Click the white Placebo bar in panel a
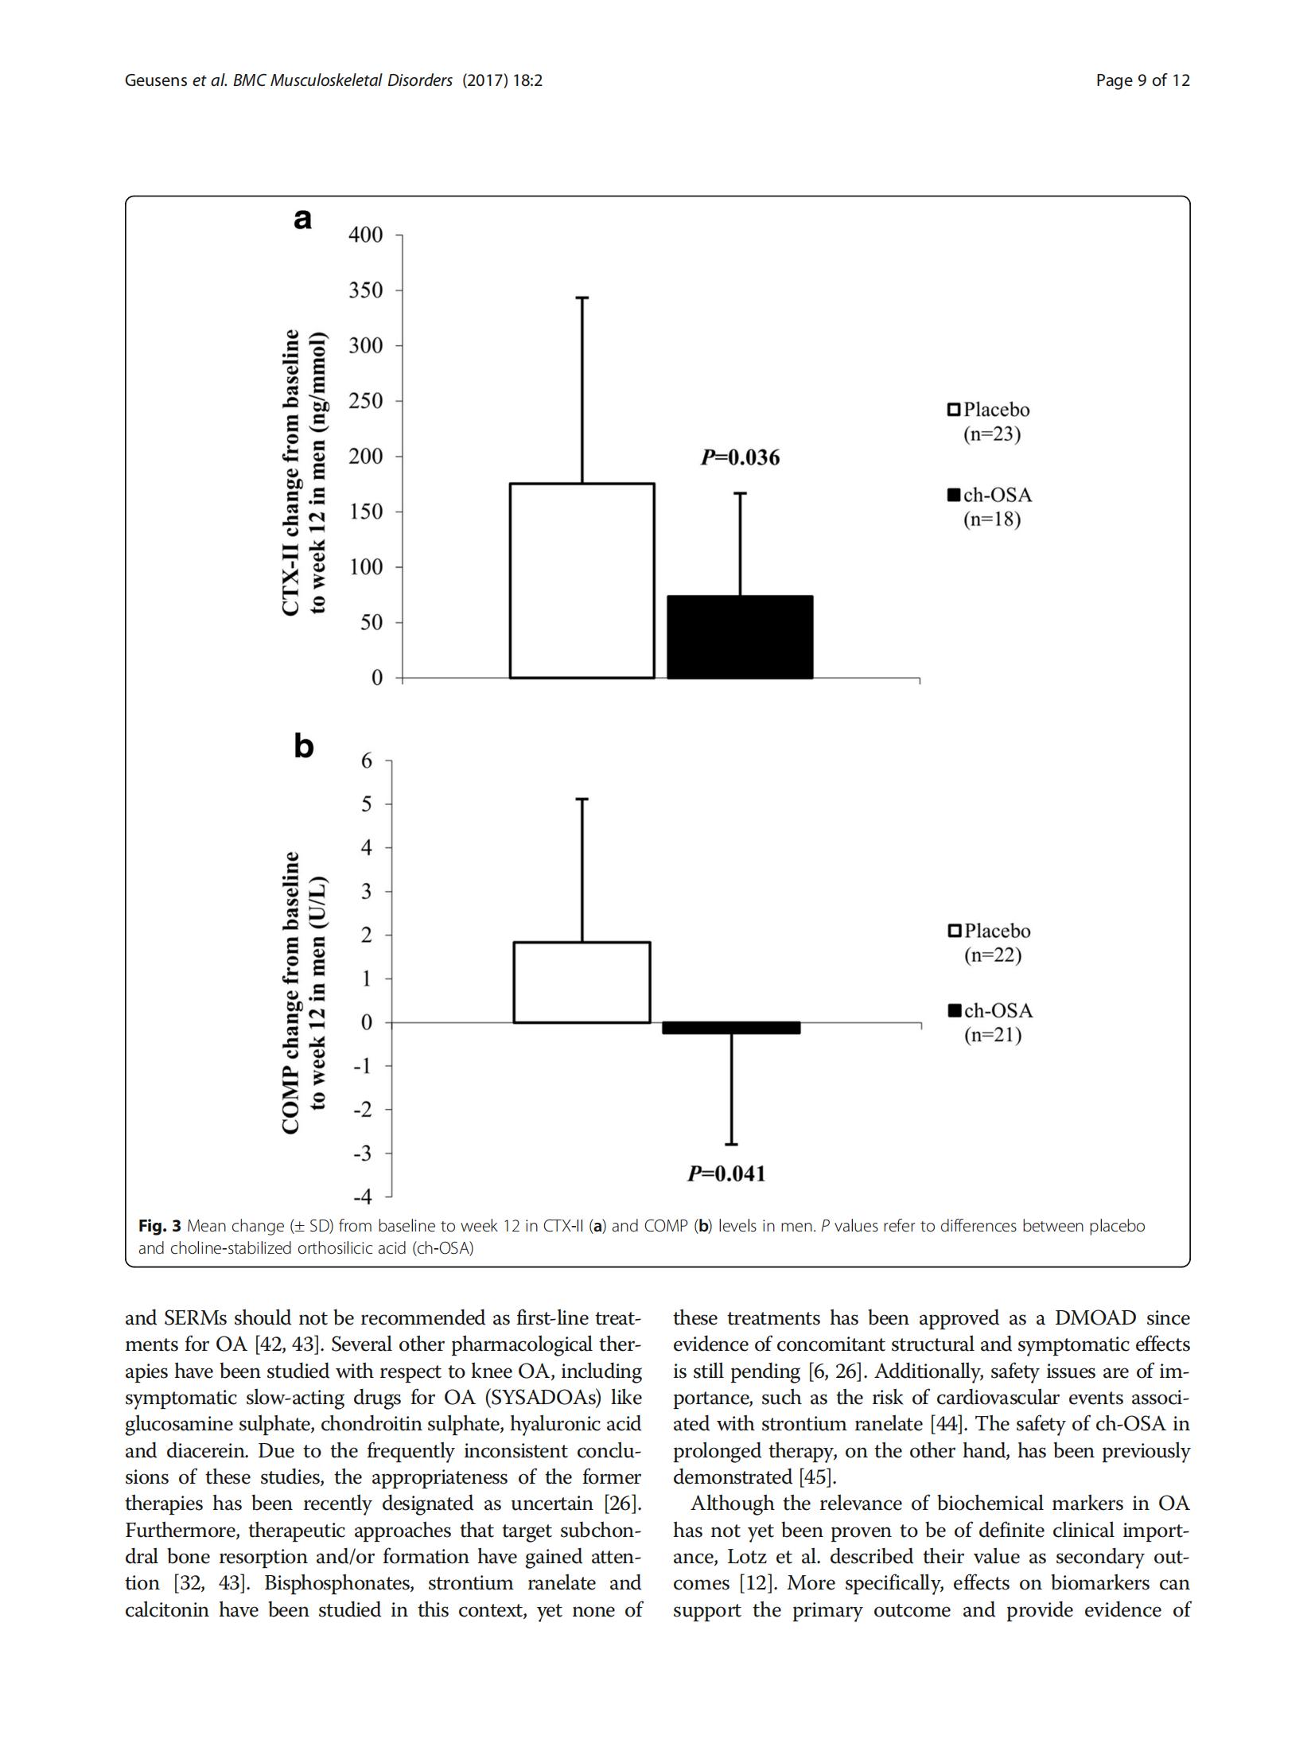(x=582, y=580)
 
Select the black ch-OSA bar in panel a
(x=740, y=636)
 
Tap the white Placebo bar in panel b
(x=582, y=982)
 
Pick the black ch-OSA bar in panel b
(x=731, y=1028)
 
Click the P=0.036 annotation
(x=740, y=457)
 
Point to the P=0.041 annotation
(x=726, y=1173)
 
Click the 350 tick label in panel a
(x=365, y=290)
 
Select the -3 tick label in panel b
(x=363, y=1153)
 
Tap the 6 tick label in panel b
(x=366, y=761)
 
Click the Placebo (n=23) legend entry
(x=988, y=422)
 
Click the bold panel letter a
(x=302, y=218)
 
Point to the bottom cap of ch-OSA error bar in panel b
(x=731, y=1144)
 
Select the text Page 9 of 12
(x=1142, y=80)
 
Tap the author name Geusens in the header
(x=156, y=80)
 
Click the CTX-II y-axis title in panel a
(x=303, y=472)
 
